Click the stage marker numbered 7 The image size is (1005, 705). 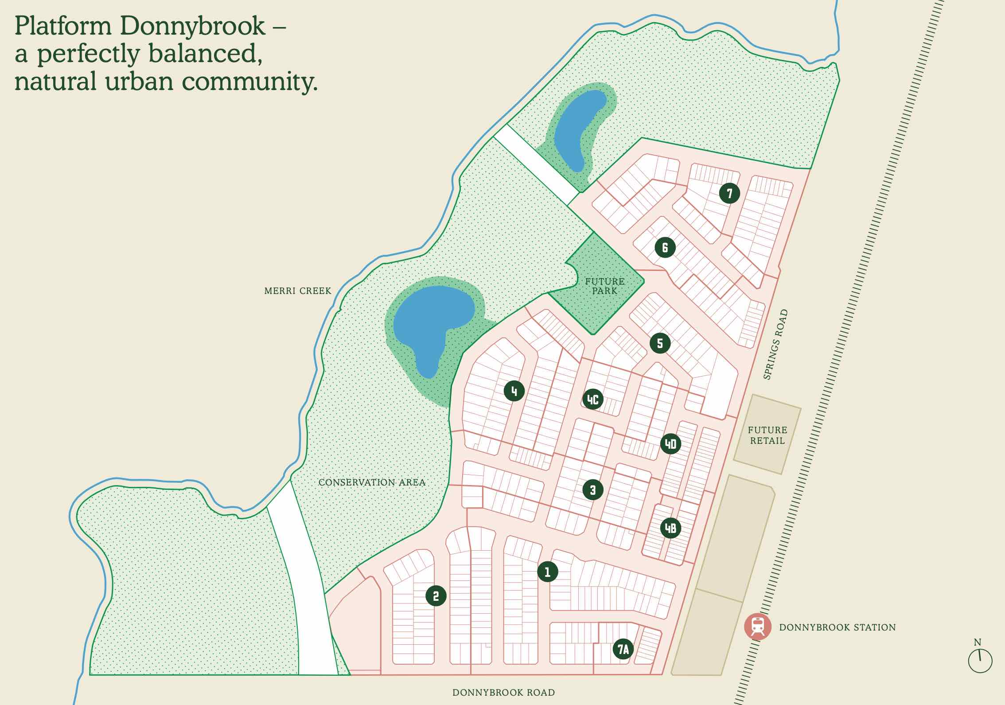pyautogui.click(x=729, y=193)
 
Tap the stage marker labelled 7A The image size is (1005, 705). pyautogui.click(x=623, y=650)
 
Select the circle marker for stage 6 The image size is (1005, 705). pyautogui.click(x=665, y=247)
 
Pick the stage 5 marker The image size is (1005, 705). pyautogui.click(x=660, y=343)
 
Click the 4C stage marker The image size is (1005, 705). pyautogui.click(x=592, y=399)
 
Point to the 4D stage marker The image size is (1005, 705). pyautogui.click(x=670, y=444)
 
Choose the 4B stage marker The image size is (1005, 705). pyautogui.click(x=670, y=528)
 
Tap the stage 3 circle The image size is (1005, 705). pyautogui.click(x=593, y=490)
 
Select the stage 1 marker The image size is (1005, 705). pyautogui.click(x=547, y=572)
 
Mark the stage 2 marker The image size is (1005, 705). pyautogui.click(x=436, y=596)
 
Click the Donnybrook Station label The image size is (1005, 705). pyautogui.click(x=837, y=627)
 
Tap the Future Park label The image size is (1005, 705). pyautogui.click(x=604, y=286)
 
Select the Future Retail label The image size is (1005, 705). pyautogui.click(x=767, y=435)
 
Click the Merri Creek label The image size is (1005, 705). pyautogui.click(x=297, y=291)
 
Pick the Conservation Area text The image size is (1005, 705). pyautogui.click(x=372, y=482)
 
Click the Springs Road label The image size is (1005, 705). pyautogui.click(x=775, y=344)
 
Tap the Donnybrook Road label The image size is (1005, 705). pyautogui.click(x=503, y=693)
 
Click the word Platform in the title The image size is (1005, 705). pyautogui.click(x=62, y=26)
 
